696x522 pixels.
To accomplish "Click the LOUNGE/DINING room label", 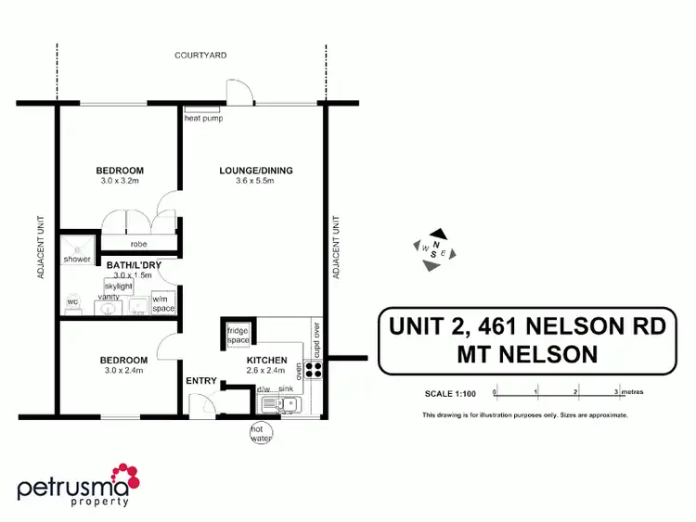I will pyautogui.click(x=256, y=171).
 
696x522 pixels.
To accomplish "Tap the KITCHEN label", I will pyautogui.click(x=266, y=360).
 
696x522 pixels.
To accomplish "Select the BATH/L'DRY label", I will pyautogui.click(x=134, y=266).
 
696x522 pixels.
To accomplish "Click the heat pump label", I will pyautogui.click(x=204, y=119).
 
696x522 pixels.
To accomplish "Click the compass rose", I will pyautogui.click(x=434, y=250).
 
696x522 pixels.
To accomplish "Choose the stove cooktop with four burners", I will pyautogui.click(x=314, y=368).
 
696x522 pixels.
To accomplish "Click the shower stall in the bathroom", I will pyautogui.click(x=77, y=248).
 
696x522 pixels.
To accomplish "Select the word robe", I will pyautogui.click(x=140, y=245).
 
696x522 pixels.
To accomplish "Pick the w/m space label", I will pyautogui.click(x=163, y=303).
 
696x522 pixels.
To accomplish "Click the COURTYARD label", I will pyautogui.click(x=200, y=56).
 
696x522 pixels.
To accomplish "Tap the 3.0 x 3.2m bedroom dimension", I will pyautogui.click(x=120, y=183).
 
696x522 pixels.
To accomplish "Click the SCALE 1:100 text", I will pyautogui.click(x=449, y=393).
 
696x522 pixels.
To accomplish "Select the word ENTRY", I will pyautogui.click(x=200, y=380).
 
